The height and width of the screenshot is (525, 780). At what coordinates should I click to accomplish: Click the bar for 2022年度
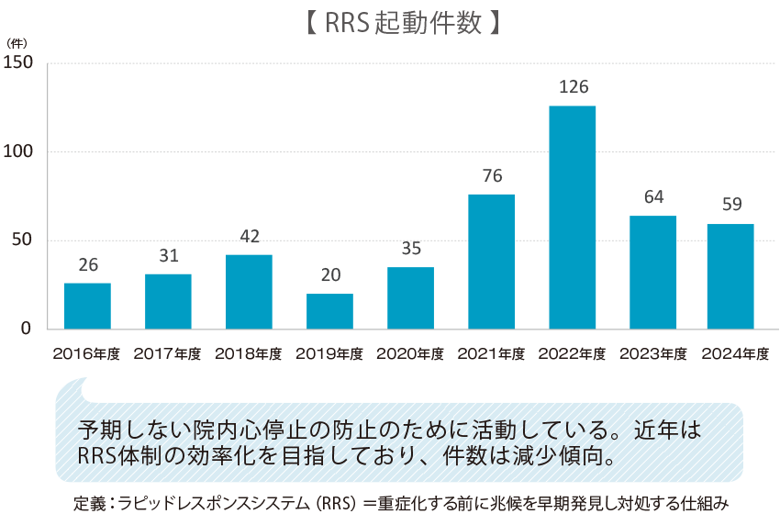tap(572, 218)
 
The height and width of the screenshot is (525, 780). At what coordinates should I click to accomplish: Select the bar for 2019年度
tap(329, 311)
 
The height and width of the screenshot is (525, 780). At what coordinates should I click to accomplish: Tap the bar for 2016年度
tap(87, 306)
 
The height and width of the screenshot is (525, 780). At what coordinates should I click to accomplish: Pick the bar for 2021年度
tap(491, 262)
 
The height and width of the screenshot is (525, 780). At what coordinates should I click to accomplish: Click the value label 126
tap(573, 87)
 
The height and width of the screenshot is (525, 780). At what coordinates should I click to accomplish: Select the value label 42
tap(249, 236)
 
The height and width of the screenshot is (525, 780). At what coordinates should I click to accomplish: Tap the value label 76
tap(491, 176)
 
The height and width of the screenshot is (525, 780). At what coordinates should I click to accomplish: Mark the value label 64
tap(652, 197)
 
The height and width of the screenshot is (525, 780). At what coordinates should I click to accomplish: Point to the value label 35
tap(410, 249)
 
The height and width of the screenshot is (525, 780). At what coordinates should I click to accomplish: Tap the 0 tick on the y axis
tap(27, 329)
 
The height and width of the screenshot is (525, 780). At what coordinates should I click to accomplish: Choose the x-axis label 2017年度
tap(168, 353)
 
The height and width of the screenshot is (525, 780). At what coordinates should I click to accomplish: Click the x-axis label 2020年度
tap(410, 353)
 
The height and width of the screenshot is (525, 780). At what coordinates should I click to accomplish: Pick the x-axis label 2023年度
tap(652, 353)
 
